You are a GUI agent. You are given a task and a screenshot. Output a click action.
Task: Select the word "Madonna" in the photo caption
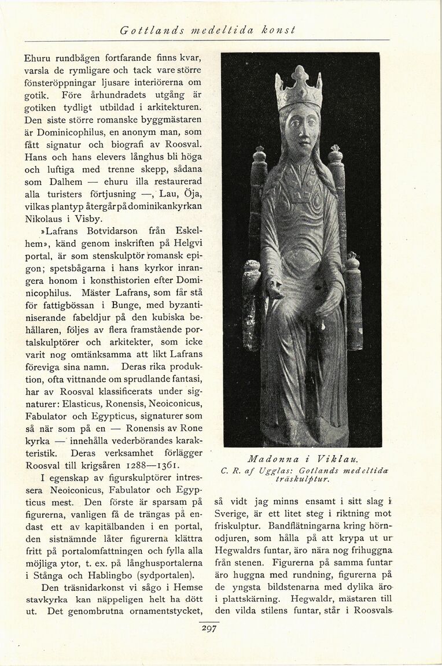coord(267,460)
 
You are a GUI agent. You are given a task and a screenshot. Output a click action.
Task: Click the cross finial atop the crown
coord(299,73)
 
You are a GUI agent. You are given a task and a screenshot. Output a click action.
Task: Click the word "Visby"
coord(89,219)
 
